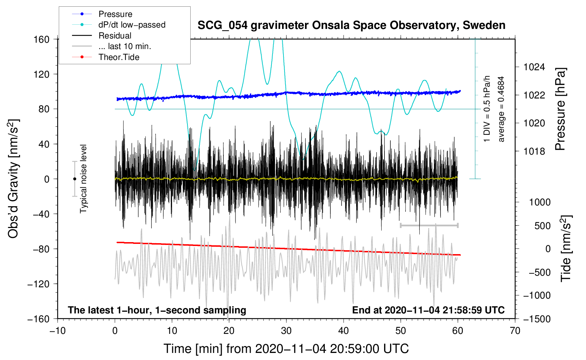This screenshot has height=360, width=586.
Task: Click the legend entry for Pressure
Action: point(102,14)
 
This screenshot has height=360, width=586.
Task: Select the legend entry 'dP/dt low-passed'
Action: point(119,25)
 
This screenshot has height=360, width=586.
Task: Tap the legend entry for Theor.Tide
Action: point(106,57)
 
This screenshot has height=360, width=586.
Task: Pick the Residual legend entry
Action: point(102,36)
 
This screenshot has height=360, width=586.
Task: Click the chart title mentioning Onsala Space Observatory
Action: point(351,25)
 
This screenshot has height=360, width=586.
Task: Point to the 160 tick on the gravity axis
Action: point(41,39)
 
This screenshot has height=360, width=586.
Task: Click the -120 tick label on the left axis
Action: point(38,284)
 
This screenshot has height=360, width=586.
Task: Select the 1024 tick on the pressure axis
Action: point(534,67)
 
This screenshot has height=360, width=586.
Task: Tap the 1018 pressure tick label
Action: point(534,151)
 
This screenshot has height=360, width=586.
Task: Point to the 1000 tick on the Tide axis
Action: point(540,202)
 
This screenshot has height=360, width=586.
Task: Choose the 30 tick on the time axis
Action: point(286,331)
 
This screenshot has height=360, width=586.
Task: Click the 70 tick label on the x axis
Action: point(515,331)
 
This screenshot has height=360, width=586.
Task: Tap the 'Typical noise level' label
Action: point(83,179)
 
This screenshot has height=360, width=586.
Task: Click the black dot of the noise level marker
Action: point(74,179)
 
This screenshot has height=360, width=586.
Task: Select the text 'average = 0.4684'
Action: point(501,109)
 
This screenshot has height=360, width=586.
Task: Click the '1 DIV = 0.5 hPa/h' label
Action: point(486,109)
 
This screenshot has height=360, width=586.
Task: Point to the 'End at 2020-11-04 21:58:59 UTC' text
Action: point(428,310)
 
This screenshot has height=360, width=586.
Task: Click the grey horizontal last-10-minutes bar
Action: point(429,225)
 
